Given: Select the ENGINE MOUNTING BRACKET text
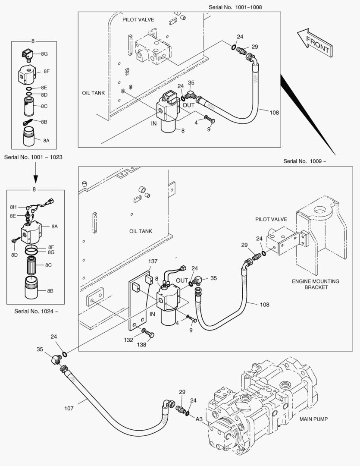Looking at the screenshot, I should (x=316, y=284).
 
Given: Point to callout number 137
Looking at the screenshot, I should (x=153, y=261).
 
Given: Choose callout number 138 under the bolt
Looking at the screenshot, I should (x=141, y=345).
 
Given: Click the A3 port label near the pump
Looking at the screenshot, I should (x=199, y=419).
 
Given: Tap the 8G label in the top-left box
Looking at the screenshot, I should (x=44, y=54).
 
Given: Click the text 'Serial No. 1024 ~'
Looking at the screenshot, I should (x=36, y=311).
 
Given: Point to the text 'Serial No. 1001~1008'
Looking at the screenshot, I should (x=235, y=7).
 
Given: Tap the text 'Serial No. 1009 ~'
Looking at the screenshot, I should (x=305, y=161).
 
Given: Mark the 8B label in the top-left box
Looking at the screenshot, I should (x=44, y=122).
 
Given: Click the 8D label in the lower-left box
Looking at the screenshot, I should (x=14, y=255).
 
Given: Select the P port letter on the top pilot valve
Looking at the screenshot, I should (x=160, y=58).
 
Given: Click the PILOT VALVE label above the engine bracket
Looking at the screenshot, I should (x=271, y=220).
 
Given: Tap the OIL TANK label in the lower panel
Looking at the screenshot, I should (x=141, y=231).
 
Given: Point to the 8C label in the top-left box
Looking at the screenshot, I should (x=44, y=106).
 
